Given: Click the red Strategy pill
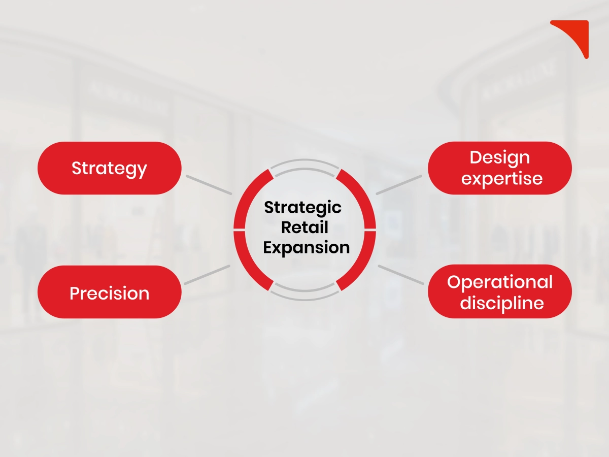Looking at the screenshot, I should (x=109, y=168).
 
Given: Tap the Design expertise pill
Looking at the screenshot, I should (x=500, y=168).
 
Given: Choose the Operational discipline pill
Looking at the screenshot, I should (x=500, y=292).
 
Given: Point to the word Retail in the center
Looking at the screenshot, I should (x=304, y=227).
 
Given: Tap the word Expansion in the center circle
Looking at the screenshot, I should (x=307, y=248).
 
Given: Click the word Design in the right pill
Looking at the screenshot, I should (x=500, y=157).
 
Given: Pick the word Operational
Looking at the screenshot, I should (x=500, y=282).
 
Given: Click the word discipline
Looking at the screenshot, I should (x=502, y=303).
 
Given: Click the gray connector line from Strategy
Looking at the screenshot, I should (x=208, y=185).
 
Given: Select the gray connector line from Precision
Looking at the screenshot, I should (x=207, y=275).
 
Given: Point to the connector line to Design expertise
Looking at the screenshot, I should (x=399, y=184).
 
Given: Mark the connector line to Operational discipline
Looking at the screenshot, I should (x=401, y=275).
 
